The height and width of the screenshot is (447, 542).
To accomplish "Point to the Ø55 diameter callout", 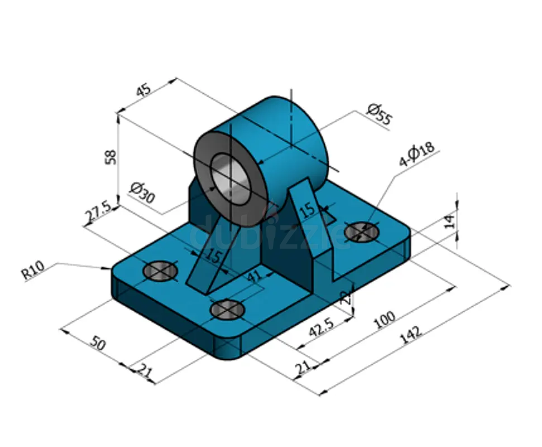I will (x=379, y=113).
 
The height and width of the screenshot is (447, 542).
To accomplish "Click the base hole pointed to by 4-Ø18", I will (x=361, y=231).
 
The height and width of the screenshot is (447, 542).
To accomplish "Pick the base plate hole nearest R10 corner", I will (x=160, y=271).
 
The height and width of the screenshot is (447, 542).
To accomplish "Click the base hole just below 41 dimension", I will (x=227, y=309).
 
